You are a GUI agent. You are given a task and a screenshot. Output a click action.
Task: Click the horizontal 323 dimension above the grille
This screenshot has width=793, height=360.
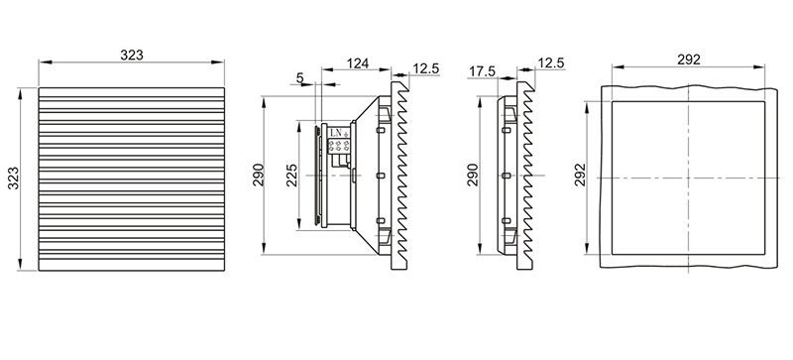pyautogui.click(x=132, y=55)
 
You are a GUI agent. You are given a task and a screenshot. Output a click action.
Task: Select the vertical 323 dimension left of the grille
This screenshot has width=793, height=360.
pyautogui.click(x=14, y=178)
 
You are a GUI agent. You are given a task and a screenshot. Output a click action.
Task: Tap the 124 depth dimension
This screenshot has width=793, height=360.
pyautogui.click(x=357, y=63)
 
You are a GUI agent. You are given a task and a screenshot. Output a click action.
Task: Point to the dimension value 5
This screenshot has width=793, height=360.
pyautogui.click(x=300, y=77)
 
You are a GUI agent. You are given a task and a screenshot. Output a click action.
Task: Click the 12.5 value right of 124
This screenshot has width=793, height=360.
pyautogui.click(x=426, y=68)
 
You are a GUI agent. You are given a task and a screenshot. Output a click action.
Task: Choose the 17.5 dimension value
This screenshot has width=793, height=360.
pyautogui.click(x=482, y=71)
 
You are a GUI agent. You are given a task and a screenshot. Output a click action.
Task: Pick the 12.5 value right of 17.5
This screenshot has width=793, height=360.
pyautogui.click(x=551, y=63)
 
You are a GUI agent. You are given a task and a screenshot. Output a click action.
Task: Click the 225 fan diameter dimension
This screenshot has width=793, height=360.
pyautogui.click(x=292, y=176)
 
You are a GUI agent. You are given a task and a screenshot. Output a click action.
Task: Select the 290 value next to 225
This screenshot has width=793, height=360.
pyautogui.click(x=259, y=175)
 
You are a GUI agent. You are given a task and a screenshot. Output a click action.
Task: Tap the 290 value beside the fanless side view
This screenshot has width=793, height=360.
pyautogui.click(x=473, y=175)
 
